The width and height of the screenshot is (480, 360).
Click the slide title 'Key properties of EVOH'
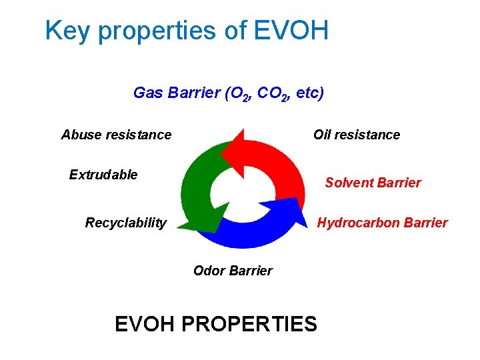pyautogui.click(x=187, y=31)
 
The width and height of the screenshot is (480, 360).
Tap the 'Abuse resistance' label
pyautogui.click(x=116, y=135)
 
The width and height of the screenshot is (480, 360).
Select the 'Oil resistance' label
pyautogui.click(x=356, y=135)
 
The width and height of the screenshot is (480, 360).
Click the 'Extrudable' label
pyautogui.click(x=103, y=175)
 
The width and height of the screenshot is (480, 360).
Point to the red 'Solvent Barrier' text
pyautogui.click(x=373, y=183)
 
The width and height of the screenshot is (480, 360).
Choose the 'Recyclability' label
pyautogui.click(x=125, y=223)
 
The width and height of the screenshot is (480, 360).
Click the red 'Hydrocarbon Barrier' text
pyautogui.click(x=382, y=223)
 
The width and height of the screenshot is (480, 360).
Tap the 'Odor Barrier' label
pyautogui.click(x=233, y=271)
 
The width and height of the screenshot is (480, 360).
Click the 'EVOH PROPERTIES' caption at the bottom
pyautogui.click(x=215, y=324)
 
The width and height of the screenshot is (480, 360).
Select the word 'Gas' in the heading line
pyautogui.click(x=149, y=93)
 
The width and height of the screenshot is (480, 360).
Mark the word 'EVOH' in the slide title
pyautogui.click(x=292, y=31)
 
